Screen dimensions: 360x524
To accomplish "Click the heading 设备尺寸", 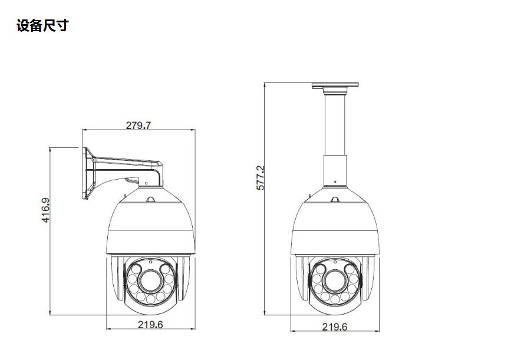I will click(42, 26).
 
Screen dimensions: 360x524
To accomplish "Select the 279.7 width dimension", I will click(139, 125).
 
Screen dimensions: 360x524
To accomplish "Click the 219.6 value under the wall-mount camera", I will click(150, 325).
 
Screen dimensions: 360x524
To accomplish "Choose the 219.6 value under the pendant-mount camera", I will click(334, 327).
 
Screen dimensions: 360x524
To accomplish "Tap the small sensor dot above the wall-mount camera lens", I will click(150, 262).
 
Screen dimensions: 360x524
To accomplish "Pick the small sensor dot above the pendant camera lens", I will click(334, 262).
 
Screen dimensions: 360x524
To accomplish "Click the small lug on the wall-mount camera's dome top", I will click(150, 200).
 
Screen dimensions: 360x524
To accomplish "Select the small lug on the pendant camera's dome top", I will click(334, 200).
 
